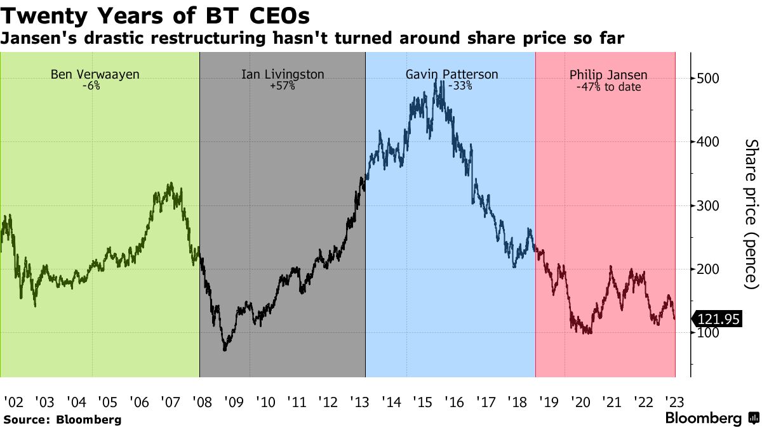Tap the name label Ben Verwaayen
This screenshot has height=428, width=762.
(x=95, y=75)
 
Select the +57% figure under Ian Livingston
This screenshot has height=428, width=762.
(x=283, y=86)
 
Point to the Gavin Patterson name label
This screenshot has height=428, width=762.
(x=451, y=75)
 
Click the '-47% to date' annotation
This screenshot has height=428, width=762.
(x=608, y=87)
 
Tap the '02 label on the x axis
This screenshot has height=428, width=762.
(x=13, y=402)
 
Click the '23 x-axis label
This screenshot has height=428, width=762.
(x=674, y=402)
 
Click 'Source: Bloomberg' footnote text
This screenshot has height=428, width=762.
(x=62, y=420)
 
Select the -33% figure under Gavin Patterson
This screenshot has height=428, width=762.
(x=460, y=86)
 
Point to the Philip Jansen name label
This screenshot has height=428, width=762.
(x=608, y=75)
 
